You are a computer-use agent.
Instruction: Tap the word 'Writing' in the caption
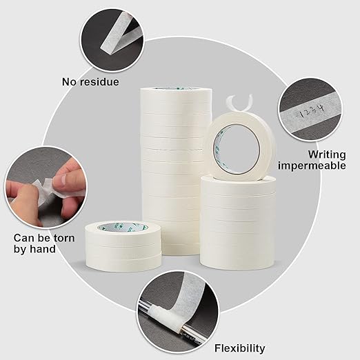click(327, 154)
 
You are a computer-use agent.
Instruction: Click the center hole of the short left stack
click(121, 227)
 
